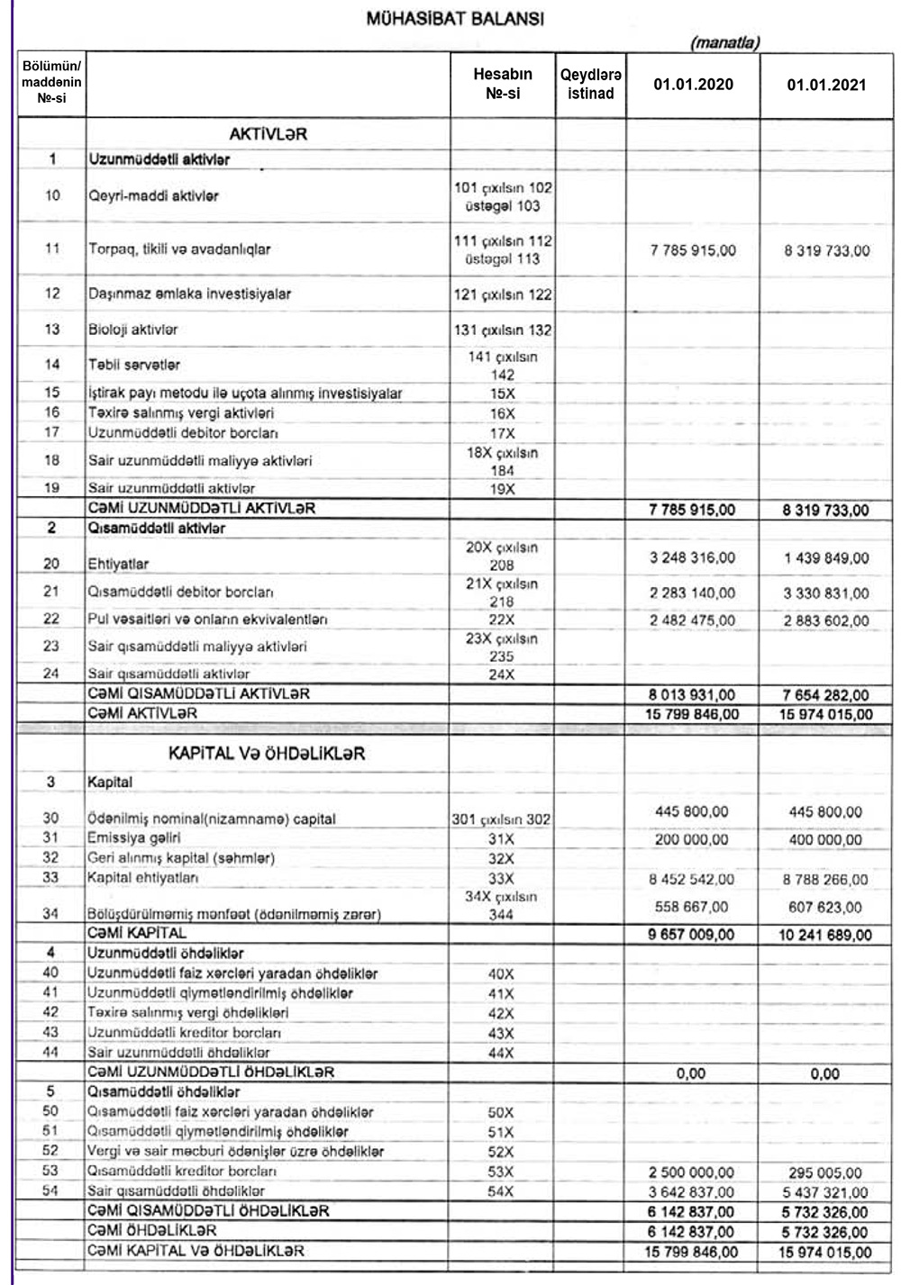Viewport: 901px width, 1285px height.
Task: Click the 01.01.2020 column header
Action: [693, 85]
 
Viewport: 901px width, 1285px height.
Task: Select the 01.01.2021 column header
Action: [826, 85]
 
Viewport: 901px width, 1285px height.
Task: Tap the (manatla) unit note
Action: [724, 42]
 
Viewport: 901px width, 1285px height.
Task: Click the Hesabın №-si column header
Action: [502, 83]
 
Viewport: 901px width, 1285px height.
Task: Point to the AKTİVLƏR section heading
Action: [268, 133]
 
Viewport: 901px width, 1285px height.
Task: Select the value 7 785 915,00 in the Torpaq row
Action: [692, 250]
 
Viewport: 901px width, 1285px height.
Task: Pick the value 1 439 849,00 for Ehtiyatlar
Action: [826, 558]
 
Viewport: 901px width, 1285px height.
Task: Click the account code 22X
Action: [502, 620]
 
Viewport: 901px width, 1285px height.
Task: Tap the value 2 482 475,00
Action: [692, 620]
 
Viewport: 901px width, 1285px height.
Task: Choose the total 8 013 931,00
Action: [692, 694]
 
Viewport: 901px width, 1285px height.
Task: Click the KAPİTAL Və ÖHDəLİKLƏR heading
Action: [267, 754]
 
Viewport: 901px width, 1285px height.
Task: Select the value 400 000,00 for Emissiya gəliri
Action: [825, 839]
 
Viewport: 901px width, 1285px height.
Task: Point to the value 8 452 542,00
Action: [692, 879]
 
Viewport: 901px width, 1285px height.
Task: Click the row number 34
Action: [50, 914]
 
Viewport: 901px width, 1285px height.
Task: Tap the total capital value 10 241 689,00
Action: [825, 935]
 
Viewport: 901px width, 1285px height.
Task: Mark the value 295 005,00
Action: [825, 1172]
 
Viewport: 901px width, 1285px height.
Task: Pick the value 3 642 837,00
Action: [692, 1191]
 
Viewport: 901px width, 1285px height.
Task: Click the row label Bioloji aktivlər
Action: [132, 330]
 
